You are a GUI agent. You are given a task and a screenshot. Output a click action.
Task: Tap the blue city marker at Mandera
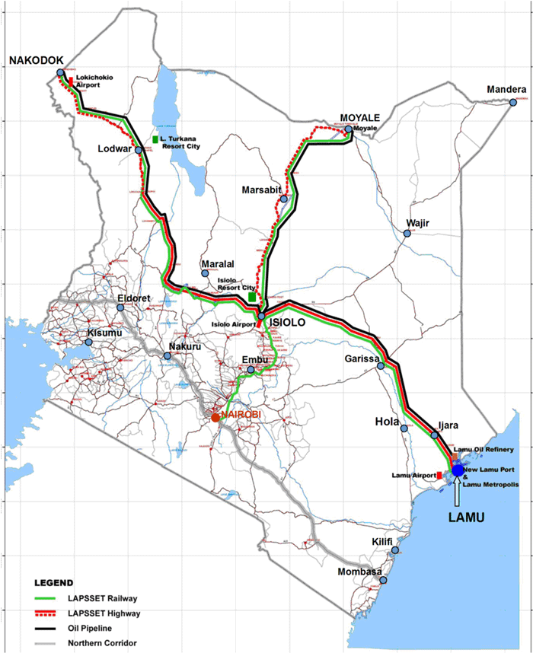coord(513,102)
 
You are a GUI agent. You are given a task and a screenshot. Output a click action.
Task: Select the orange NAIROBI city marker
coord(216,417)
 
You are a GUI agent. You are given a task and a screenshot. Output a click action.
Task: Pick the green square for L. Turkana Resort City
coord(155,139)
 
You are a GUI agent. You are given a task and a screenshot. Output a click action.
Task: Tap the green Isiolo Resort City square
coord(253,298)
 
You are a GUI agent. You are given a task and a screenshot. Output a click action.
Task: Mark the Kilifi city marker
coord(394,550)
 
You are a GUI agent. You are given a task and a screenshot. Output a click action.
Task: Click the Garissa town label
coord(361,358)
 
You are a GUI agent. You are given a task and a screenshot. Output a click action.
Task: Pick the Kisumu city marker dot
coord(89,342)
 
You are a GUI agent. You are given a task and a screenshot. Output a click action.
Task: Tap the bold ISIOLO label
coord(288,323)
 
